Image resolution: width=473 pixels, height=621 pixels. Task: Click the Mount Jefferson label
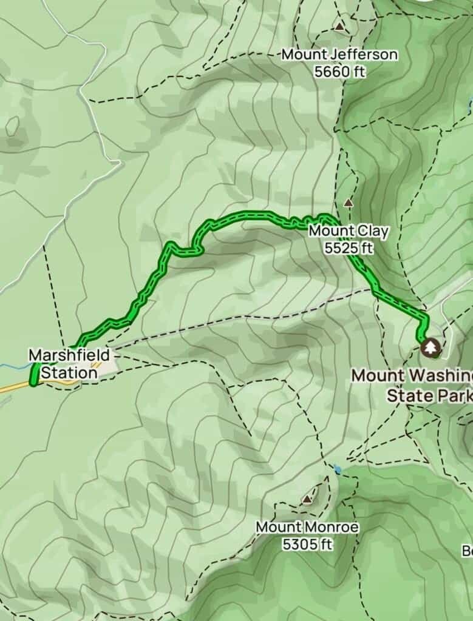click(x=339, y=55)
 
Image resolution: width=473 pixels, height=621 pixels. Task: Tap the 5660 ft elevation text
click(x=339, y=71)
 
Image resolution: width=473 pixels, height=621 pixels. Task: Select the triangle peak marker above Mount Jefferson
click(x=339, y=27)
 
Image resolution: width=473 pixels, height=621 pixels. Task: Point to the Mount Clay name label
click(x=348, y=231)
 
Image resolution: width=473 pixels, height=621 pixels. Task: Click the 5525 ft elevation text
click(x=348, y=247)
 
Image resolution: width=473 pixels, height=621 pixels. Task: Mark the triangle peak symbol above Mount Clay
click(x=348, y=203)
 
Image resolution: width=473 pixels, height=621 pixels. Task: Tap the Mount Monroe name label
click(x=307, y=527)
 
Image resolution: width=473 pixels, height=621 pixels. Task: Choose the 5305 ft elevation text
click(x=307, y=544)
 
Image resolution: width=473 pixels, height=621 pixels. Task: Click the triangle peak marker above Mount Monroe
click(x=308, y=499)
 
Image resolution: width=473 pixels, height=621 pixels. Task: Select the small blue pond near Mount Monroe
click(x=337, y=469)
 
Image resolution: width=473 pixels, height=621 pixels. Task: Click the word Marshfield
click(x=69, y=355)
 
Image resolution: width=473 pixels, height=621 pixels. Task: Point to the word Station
click(x=69, y=372)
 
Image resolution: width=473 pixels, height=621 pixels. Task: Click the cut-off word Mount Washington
click(x=412, y=375)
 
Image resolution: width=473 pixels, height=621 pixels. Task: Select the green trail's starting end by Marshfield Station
click(x=34, y=381)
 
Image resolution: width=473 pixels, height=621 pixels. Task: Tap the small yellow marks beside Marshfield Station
click(x=95, y=366)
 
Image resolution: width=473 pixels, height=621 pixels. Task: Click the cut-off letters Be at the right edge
click(x=467, y=551)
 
